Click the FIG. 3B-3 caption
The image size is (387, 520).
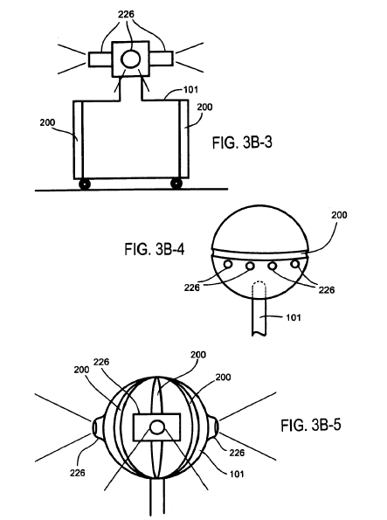point(242,142)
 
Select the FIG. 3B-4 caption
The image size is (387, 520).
point(155,249)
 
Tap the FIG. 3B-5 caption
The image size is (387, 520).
point(311,425)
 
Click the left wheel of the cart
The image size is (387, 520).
point(85,184)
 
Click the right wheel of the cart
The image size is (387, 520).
point(176,184)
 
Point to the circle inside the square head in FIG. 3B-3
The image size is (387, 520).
point(130,59)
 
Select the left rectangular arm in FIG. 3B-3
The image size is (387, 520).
point(100,59)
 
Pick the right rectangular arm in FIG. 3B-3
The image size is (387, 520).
point(161,59)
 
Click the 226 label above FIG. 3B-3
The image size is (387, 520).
point(126,14)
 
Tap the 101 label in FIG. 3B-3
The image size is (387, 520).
point(190,89)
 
